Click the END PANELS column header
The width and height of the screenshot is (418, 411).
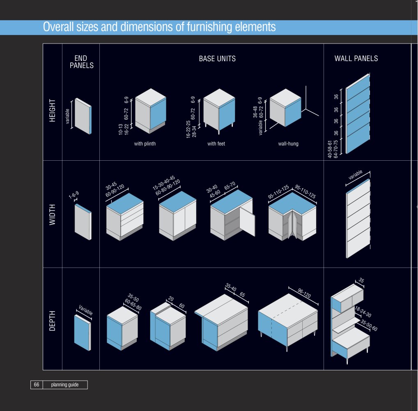[x=82, y=62]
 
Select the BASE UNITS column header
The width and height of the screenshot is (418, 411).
[x=217, y=59]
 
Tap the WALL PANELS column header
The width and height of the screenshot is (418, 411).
[x=356, y=58]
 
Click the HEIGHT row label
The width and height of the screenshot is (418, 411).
[x=52, y=111]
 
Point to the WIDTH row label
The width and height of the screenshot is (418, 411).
[x=52, y=215]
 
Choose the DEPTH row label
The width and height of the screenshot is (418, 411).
[x=52, y=321]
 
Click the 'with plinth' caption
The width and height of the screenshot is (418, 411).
[x=145, y=143]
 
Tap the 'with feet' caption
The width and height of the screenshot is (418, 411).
[x=216, y=143]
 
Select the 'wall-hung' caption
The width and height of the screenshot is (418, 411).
[x=288, y=143]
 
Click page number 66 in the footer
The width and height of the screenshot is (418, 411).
[x=37, y=385]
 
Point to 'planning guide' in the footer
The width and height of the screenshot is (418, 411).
[x=65, y=385]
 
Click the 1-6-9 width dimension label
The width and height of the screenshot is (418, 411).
[x=73, y=195]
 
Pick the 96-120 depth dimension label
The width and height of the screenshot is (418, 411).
[x=304, y=293]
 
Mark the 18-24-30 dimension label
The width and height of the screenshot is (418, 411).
[x=363, y=312]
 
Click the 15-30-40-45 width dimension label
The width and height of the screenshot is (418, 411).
[x=164, y=182]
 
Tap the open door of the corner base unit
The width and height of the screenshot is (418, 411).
[x=247, y=221]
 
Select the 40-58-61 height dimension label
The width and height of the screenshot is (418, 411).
[x=330, y=149]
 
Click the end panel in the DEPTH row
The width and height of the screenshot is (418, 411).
[x=83, y=332]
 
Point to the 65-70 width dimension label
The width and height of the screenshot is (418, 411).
[x=230, y=185]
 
